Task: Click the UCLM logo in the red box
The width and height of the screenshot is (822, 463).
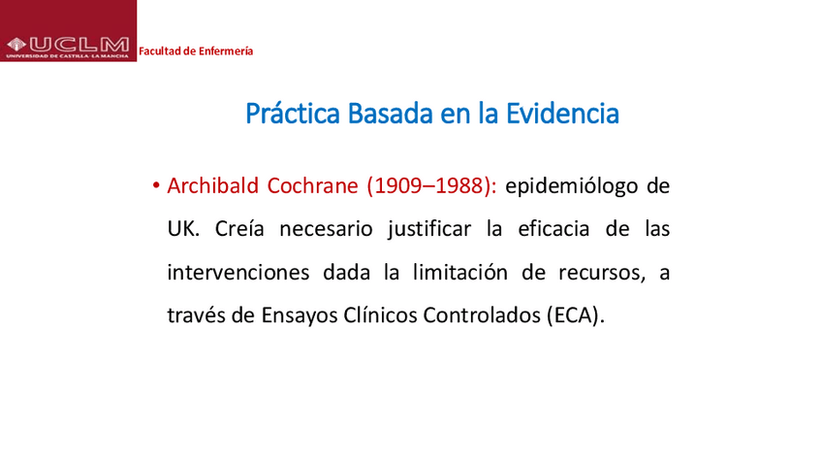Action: [68, 45]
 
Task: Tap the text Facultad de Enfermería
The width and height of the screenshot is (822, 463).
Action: [196, 50]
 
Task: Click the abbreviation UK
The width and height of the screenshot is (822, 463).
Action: [180, 229]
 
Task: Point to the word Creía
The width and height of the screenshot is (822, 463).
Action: [233, 229]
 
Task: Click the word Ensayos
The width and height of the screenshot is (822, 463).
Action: [312, 316]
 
